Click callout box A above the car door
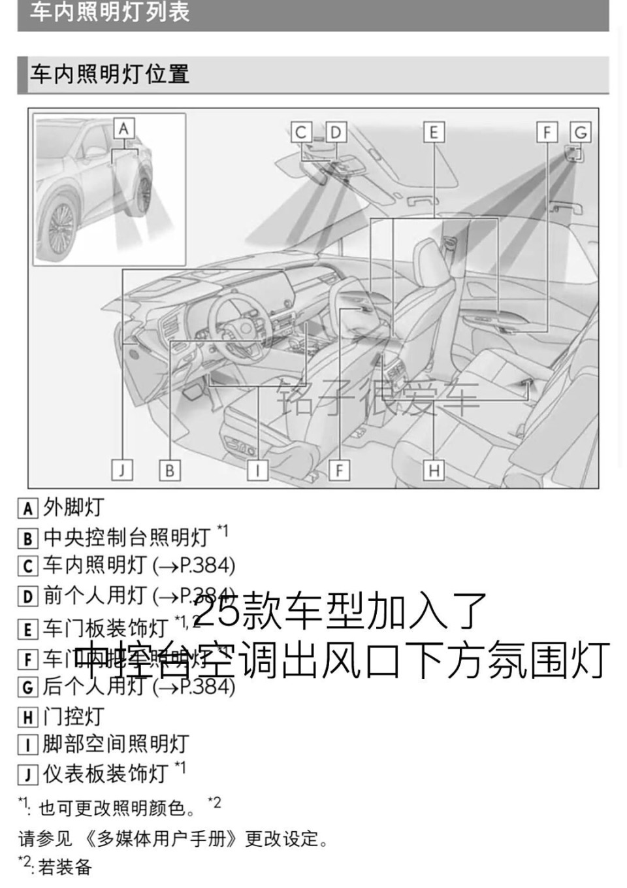123,128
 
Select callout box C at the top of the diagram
300,133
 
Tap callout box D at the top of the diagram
335,133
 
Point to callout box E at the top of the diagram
433,133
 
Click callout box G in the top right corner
580,133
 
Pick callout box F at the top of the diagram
547,133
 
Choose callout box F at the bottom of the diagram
339,470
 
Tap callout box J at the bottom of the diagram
122,470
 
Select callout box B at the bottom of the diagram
169,470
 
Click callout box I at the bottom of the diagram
257,470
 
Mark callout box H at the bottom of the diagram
434,470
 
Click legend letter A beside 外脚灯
27,508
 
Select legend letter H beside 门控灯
27,717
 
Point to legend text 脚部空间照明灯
116,744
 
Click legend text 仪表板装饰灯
106,774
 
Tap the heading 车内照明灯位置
110,74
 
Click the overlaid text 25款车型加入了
340,611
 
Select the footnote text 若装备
65,867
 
